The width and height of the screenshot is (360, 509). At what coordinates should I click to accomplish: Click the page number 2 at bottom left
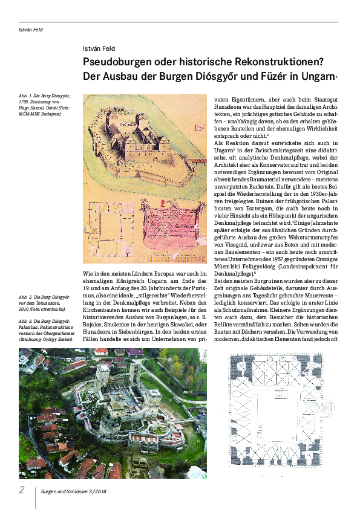pos(22,489)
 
